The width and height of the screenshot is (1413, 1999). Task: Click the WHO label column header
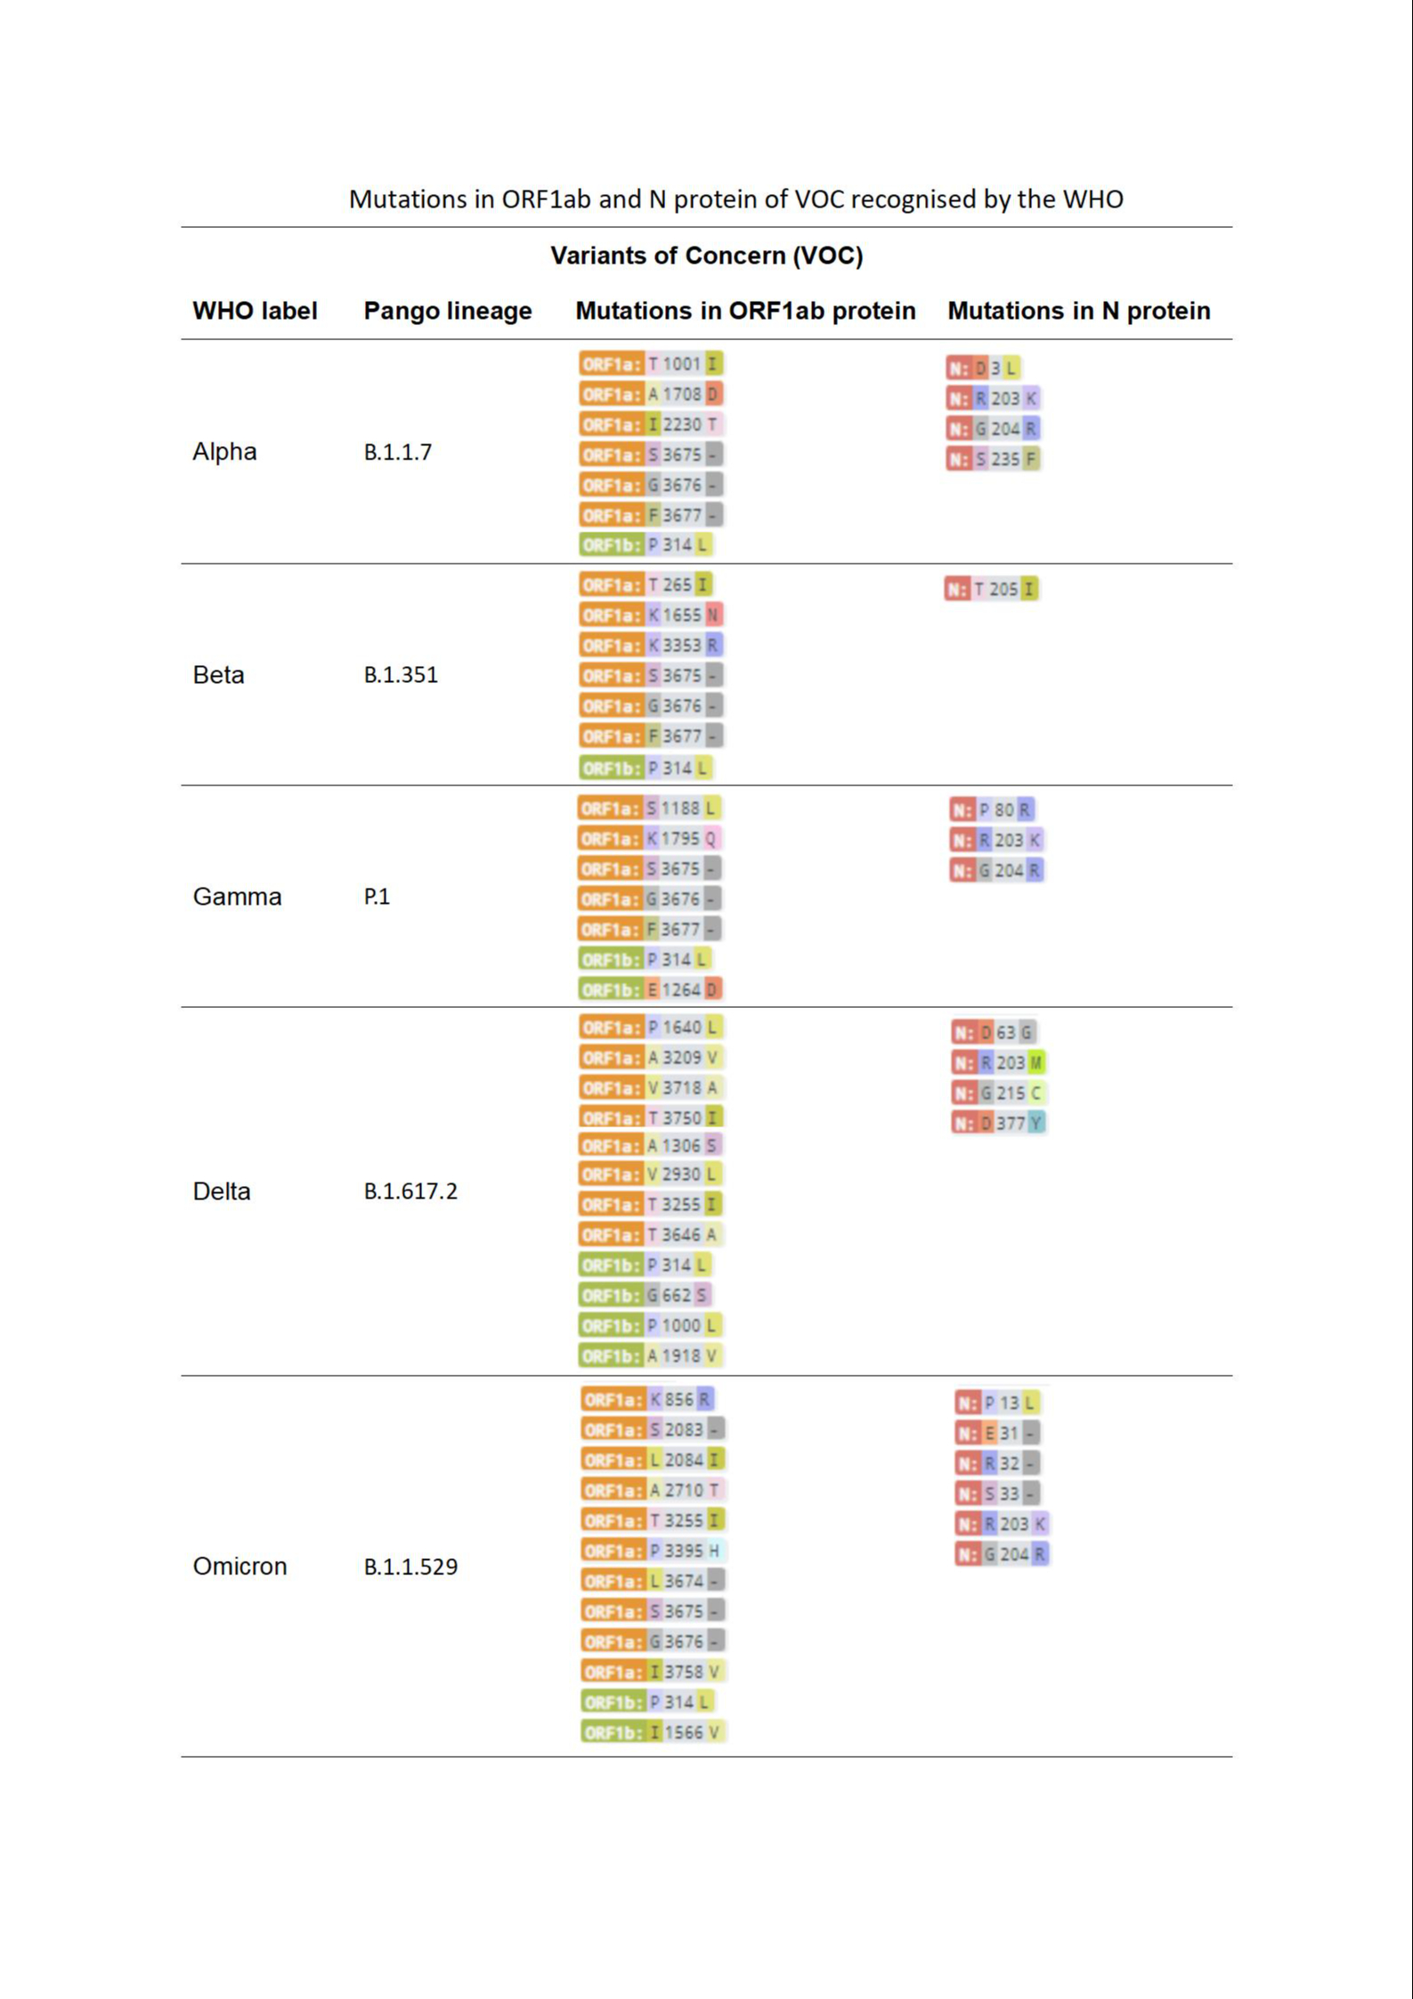pyautogui.click(x=255, y=311)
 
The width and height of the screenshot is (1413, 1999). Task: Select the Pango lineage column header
pyautogui.click(x=447, y=311)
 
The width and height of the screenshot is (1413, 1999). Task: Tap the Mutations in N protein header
pyautogui.click(x=1078, y=311)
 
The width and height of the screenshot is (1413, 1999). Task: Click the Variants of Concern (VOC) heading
pyautogui.click(x=706, y=256)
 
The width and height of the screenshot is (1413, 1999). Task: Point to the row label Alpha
pyautogui.click(x=224, y=451)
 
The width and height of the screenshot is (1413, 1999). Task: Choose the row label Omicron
pyautogui.click(x=240, y=1566)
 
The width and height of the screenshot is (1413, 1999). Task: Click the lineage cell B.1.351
pyautogui.click(x=401, y=675)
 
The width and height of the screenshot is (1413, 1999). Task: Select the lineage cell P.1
pyautogui.click(x=377, y=897)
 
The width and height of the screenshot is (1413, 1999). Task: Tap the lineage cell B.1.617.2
pyautogui.click(x=410, y=1191)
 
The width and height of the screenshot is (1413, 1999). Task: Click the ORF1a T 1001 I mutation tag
pyautogui.click(x=651, y=364)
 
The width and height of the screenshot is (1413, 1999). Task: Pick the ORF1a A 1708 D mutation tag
pyautogui.click(x=651, y=394)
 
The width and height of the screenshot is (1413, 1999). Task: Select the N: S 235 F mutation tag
pyautogui.click(x=993, y=459)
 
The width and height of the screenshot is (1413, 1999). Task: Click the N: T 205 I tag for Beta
pyautogui.click(x=992, y=589)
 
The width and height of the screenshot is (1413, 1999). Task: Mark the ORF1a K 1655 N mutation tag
pyautogui.click(x=651, y=615)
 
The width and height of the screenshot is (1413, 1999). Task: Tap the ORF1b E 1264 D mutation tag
pyautogui.click(x=650, y=989)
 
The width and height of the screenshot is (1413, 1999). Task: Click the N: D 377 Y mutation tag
pyautogui.click(x=998, y=1123)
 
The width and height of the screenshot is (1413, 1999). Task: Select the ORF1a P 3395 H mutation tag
pyautogui.click(x=654, y=1550)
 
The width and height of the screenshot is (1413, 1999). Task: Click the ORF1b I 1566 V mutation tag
pyautogui.click(x=654, y=1732)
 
